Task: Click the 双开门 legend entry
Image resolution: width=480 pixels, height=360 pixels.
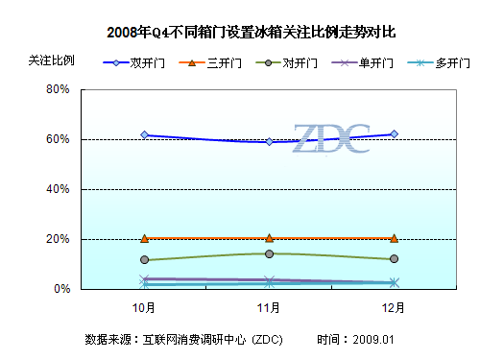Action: pos(141,63)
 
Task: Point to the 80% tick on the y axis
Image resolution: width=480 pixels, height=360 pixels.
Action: pos(58,89)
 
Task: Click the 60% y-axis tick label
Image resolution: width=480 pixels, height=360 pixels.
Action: pos(58,139)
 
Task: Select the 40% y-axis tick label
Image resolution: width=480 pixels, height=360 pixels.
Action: pos(58,189)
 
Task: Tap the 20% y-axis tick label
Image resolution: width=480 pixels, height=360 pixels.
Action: pos(58,239)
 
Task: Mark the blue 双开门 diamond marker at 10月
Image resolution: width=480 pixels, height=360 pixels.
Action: pos(144,135)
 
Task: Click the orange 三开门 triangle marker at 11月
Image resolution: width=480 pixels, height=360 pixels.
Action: pos(269,237)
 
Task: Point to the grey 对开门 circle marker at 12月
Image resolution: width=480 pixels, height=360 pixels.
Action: pos(394,259)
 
